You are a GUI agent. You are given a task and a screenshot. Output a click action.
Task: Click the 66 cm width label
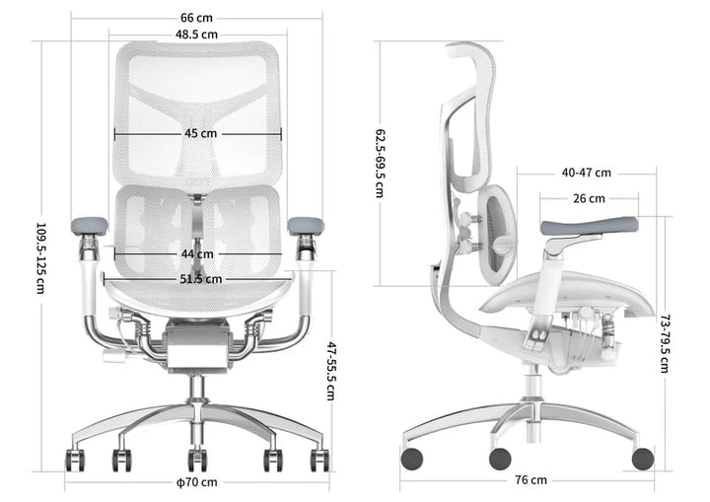pyautogui.click(x=196, y=18)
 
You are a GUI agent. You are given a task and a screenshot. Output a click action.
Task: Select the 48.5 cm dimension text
pyautogui.click(x=196, y=35)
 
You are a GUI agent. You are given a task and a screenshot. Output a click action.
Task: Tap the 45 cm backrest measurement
pyautogui.click(x=200, y=134)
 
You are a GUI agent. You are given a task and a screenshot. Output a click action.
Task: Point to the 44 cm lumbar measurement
pyautogui.click(x=197, y=254)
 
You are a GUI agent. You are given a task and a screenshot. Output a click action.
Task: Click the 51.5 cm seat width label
pyautogui.click(x=201, y=279)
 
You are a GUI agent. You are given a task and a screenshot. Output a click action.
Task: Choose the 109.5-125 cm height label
pyautogui.click(x=40, y=258)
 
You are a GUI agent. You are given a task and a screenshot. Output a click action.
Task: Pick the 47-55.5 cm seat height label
pyautogui.click(x=331, y=371)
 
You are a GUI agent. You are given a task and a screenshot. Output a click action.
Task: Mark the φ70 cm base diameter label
pyautogui.click(x=197, y=482)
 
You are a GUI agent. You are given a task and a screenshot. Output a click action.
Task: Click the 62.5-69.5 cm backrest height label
pyautogui.click(x=380, y=164)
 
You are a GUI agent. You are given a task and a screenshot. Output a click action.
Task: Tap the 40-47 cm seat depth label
pyautogui.click(x=587, y=173)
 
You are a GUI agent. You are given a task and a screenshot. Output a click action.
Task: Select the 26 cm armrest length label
pyautogui.click(x=589, y=198)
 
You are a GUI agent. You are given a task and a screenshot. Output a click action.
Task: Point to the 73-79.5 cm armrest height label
pyautogui.click(x=665, y=344)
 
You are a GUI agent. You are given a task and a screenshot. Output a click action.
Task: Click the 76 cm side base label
pyautogui.click(x=531, y=479)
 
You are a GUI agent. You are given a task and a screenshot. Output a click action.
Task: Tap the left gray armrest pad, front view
pyautogui.click(x=90, y=226)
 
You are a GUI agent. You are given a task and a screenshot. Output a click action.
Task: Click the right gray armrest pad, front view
pyautogui.click(x=306, y=226)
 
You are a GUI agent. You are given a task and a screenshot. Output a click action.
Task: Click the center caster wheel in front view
pyautogui.click(x=197, y=460)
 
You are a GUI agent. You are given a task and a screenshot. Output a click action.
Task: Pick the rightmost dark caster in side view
pyautogui.click(x=643, y=459)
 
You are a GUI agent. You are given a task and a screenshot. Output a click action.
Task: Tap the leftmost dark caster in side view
pyautogui.click(x=412, y=459)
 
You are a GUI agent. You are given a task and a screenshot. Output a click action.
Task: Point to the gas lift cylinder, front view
pyautogui.click(x=196, y=388)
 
